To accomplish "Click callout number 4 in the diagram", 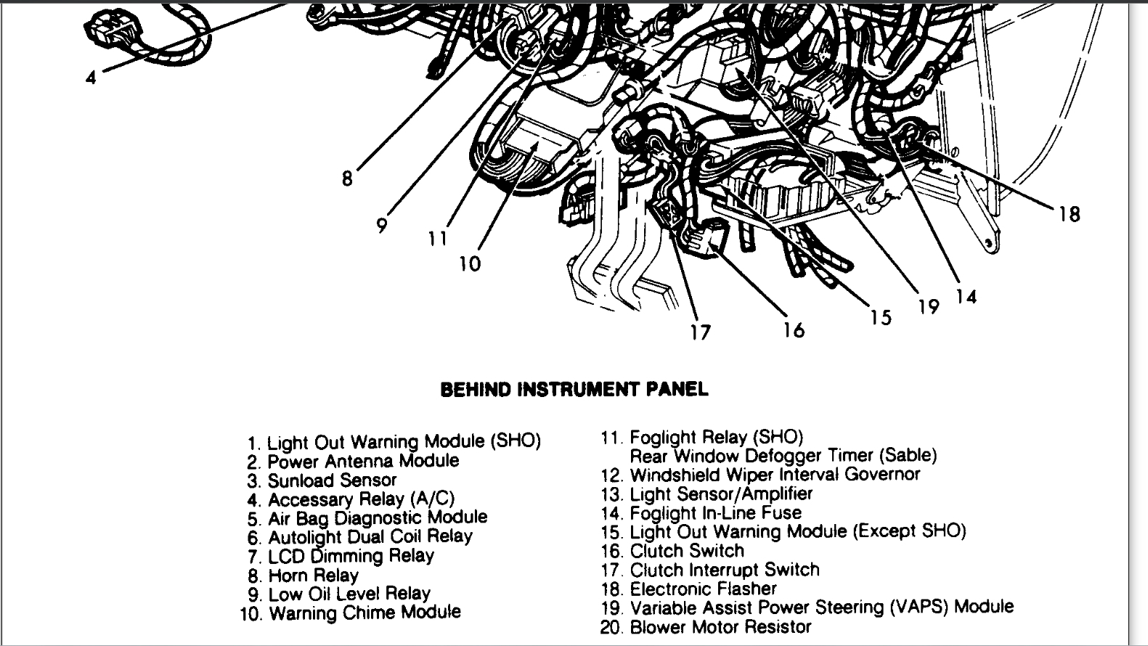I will [90, 77].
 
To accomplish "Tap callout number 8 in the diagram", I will [347, 178].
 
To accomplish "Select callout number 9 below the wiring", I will [382, 226].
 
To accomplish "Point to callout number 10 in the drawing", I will [470, 263].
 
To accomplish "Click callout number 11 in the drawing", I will [437, 238].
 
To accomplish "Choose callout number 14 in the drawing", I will [966, 296].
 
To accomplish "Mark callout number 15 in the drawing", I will [881, 317].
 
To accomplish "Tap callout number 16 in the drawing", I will [794, 330].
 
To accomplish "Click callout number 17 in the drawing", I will [700, 332].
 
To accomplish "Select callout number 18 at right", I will [1069, 214].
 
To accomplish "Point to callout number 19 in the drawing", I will [929, 306].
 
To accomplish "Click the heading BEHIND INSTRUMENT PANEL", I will [574, 390].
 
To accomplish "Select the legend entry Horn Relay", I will [313, 576].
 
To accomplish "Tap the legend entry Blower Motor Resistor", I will [720, 626].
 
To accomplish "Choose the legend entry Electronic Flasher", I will [703, 589].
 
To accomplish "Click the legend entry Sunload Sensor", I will [332, 481].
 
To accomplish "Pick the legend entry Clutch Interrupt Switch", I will [724, 570].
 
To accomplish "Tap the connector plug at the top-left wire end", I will [105, 30].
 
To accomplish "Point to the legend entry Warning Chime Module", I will [365, 613].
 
